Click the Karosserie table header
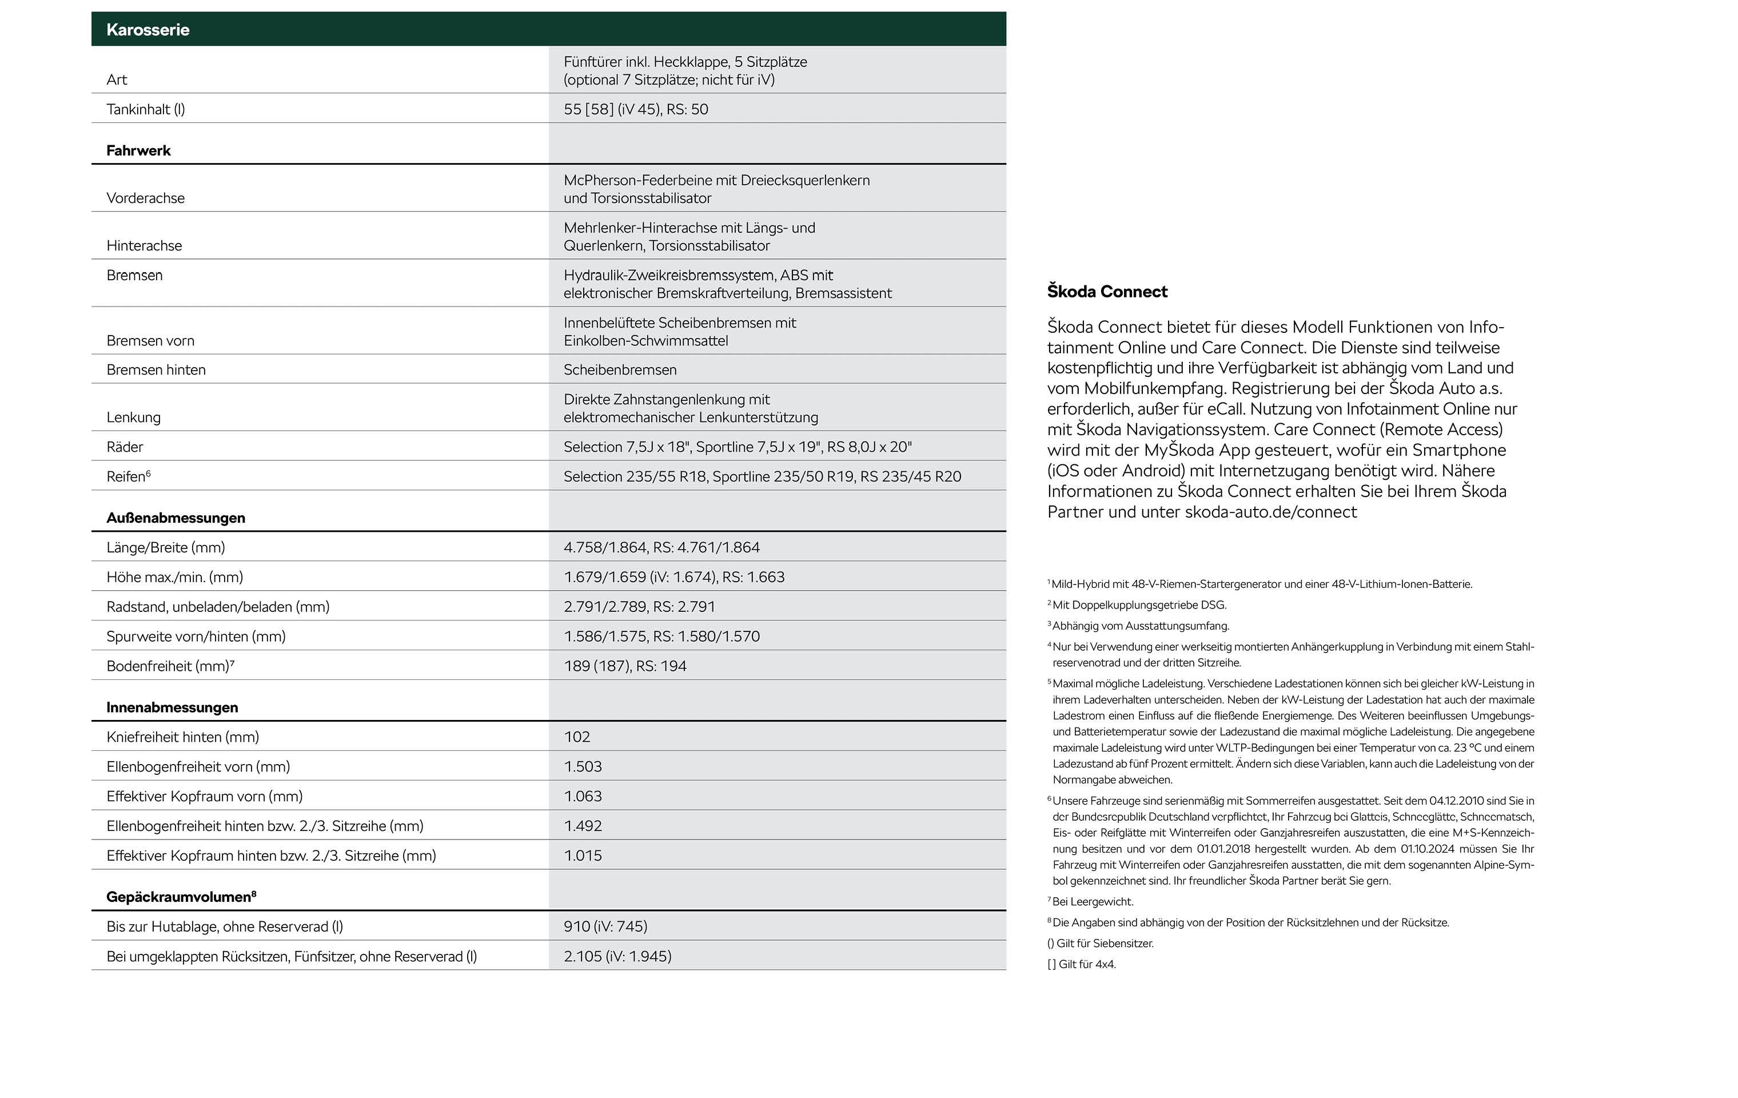point(148,30)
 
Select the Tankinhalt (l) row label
point(145,109)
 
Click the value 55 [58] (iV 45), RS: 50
point(635,109)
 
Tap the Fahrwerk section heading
point(138,150)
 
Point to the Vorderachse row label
point(145,198)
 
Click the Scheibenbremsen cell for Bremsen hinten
point(619,369)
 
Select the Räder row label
point(125,447)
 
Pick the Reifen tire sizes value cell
point(762,476)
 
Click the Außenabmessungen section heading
point(176,518)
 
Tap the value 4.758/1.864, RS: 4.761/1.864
point(661,547)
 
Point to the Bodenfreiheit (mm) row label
point(170,666)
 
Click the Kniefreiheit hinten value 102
point(577,737)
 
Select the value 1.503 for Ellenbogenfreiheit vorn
point(583,767)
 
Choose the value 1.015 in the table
point(583,856)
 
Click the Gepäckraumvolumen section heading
point(181,897)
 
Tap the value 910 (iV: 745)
point(605,926)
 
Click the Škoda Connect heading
point(1106,292)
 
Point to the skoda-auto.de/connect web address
point(1270,512)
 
